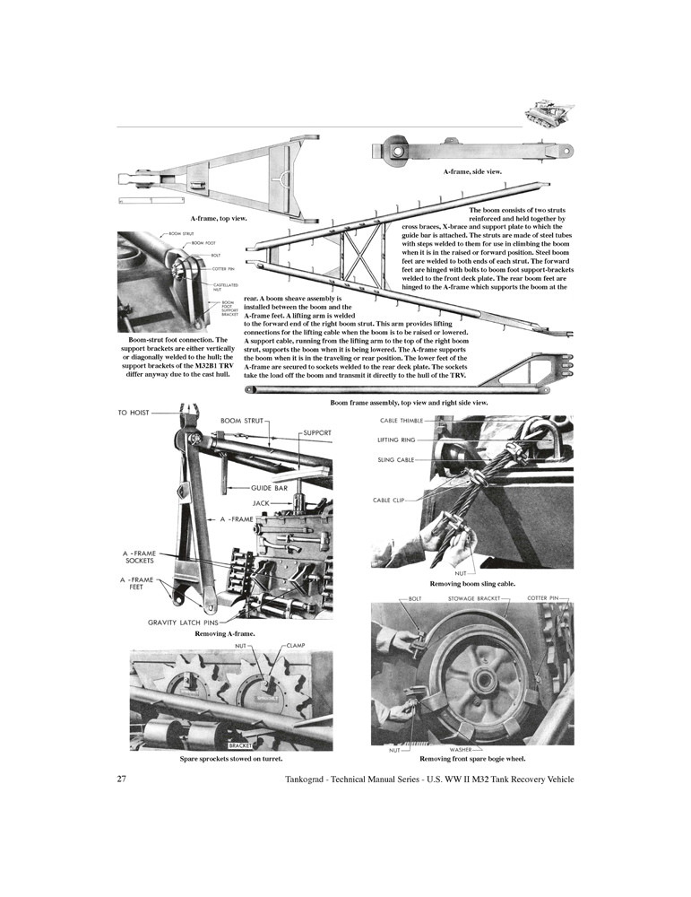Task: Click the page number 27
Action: [122, 779]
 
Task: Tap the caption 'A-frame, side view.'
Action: [472, 170]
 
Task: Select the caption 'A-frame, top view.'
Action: [218, 218]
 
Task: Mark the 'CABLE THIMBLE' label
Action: [401, 421]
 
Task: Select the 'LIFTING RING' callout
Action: [398, 440]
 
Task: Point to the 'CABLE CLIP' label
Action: [393, 500]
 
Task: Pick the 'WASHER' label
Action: [461, 749]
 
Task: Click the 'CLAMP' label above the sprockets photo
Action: [297, 645]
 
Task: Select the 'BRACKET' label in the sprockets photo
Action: [241, 745]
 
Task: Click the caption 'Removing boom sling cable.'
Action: [472, 584]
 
